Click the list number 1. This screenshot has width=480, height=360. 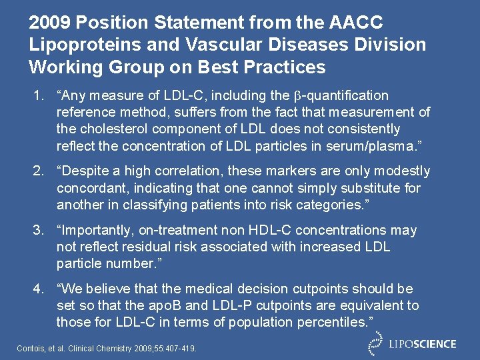click(x=38, y=96)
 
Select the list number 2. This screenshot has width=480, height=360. click(x=38, y=171)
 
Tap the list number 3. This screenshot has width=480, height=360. click(x=38, y=231)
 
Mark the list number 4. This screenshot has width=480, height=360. click(x=38, y=289)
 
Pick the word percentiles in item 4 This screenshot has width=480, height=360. click(x=329, y=322)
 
